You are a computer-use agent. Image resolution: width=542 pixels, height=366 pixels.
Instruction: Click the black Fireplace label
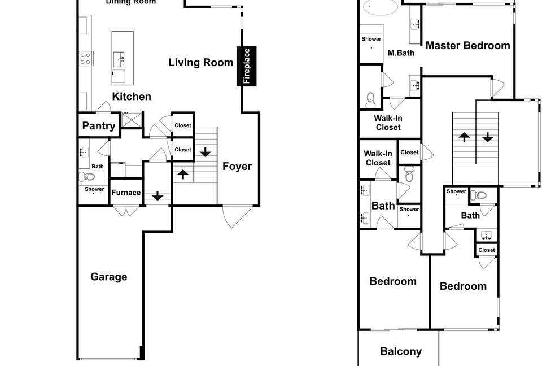point(246,67)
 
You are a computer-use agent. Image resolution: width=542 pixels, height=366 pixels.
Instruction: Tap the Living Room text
point(201,62)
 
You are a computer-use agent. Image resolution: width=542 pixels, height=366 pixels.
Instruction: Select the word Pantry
point(99,126)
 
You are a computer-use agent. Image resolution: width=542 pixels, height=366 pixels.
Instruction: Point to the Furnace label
point(126,193)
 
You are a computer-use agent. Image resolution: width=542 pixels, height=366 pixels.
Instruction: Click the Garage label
point(109,277)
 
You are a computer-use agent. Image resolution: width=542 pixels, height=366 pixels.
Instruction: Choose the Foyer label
point(237,166)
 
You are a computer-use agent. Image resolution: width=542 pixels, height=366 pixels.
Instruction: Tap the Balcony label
point(401,351)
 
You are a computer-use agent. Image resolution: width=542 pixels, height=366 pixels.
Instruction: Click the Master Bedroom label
point(467,46)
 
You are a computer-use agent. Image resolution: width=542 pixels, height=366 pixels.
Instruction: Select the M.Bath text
point(401,53)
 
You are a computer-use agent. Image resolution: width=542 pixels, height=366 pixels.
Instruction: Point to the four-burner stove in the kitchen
point(86,58)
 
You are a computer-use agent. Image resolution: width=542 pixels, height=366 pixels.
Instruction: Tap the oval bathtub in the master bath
point(380,7)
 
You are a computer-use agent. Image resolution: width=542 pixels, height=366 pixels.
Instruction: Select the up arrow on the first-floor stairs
point(182,173)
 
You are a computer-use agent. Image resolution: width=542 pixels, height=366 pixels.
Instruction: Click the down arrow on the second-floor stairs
point(487,137)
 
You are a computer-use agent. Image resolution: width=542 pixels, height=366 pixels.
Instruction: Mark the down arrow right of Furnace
point(157,196)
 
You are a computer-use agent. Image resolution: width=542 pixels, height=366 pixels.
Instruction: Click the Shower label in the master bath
point(371,39)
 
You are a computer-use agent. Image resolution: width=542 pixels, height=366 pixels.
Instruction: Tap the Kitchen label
point(132,97)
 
